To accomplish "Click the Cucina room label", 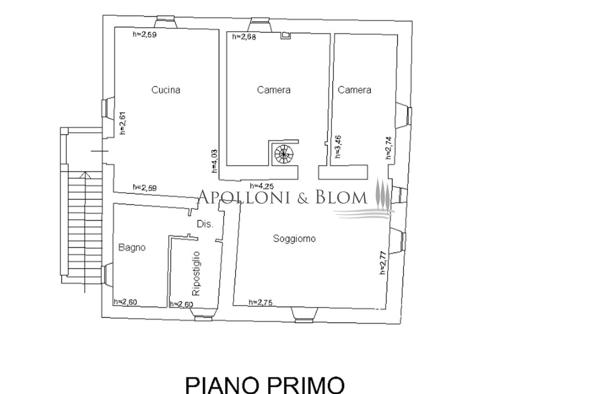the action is click(166, 90).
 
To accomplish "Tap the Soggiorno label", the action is click(294, 238).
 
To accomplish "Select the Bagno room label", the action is click(132, 247).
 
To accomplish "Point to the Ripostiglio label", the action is click(196, 273).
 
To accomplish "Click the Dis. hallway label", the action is click(205, 224).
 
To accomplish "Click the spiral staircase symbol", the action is click(284, 154).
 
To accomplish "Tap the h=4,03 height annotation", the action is click(214, 161).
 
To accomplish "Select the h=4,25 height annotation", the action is click(262, 186).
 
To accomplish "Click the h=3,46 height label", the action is click(338, 147).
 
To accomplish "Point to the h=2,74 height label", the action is click(389, 148).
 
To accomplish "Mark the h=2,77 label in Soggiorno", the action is click(383, 263).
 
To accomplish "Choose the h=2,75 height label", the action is click(260, 302).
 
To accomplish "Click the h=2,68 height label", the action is click(244, 37).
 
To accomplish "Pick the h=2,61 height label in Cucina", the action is click(123, 123).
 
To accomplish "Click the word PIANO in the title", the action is click(222, 385).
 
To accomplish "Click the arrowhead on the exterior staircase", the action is click(85, 175).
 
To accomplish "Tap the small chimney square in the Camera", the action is click(286, 36).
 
